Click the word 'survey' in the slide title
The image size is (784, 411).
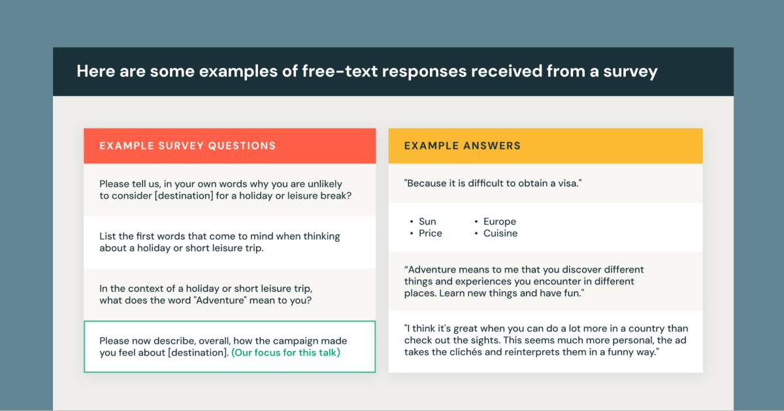tap(630, 72)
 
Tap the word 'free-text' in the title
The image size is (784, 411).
tap(340, 71)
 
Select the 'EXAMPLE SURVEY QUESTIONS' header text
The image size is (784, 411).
tap(188, 146)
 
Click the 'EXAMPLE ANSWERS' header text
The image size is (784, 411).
tap(463, 146)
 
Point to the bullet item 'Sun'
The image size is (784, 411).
tap(427, 222)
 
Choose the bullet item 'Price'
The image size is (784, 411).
tap(431, 233)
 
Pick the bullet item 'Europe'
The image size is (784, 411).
tap(499, 222)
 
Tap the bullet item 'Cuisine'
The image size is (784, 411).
tap(500, 233)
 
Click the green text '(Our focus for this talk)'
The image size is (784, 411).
tap(286, 353)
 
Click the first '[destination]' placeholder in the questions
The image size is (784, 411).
tap(184, 195)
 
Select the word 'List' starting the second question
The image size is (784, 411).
tap(107, 237)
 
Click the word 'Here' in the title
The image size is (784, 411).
tap(96, 71)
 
